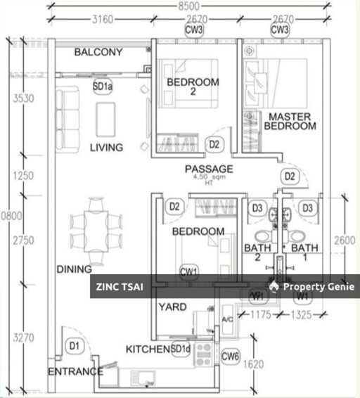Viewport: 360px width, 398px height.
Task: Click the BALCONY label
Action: click(98, 52)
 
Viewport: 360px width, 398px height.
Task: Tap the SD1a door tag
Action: click(103, 86)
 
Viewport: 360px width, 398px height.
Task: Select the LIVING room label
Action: click(106, 148)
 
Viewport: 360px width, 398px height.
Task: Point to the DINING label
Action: click(75, 269)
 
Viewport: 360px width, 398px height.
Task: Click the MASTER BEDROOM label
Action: click(290, 121)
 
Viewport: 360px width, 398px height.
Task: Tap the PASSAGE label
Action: click(209, 169)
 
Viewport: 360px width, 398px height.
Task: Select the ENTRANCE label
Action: click(75, 371)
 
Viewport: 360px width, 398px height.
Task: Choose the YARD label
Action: click(172, 307)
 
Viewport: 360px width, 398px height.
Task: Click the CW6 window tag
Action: click(231, 357)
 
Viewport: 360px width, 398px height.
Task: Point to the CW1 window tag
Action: click(189, 271)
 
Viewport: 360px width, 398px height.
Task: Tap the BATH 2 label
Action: click(257, 253)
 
